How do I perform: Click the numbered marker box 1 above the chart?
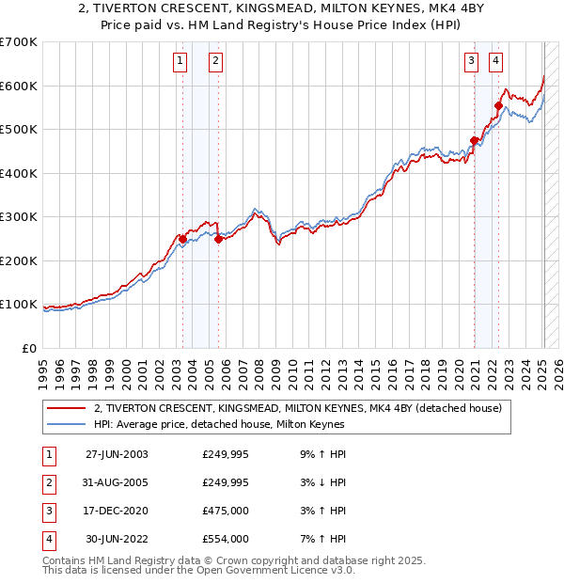[x=179, y=62]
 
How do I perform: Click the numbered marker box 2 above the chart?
[x=215, y=62]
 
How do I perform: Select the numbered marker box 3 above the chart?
[x=470, y=62]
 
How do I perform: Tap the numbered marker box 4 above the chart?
[x=495, y=62]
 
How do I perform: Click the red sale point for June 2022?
[x=499, y=106]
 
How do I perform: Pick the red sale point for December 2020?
[x=474, y=141]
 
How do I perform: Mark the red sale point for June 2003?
[x=182, y=239]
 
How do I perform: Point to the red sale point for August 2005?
[x=218, y=239]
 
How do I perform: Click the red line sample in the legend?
[x=67, y=408]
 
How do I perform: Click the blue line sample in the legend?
[x=67, y=424]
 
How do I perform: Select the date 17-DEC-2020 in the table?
[x=116, y=511]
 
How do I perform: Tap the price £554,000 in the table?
[x=226, y=539]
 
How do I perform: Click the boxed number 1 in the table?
[x=46, y=454]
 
